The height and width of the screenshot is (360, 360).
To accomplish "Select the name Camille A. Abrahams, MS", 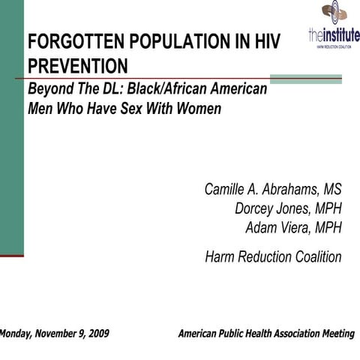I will tap(273, 189).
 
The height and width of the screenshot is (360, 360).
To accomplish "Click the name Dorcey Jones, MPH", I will tap(288, 208).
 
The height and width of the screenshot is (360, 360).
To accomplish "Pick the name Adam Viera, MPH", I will tap(293, 226).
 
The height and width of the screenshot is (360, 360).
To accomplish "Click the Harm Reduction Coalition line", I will tap(273, 257).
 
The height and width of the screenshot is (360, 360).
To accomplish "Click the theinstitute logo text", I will tap(334, 34).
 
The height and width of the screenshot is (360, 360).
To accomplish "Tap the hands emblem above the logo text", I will tap(334, 11).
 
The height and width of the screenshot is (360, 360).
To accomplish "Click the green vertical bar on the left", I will tap(11, 127).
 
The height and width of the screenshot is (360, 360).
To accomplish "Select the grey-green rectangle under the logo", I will tap(305, 78).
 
